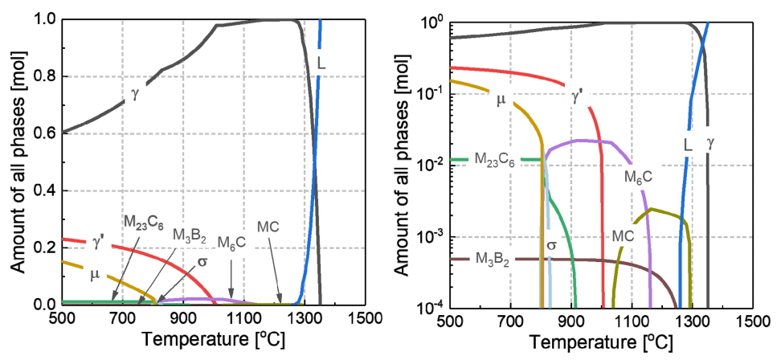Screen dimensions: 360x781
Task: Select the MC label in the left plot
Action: pos(269,227)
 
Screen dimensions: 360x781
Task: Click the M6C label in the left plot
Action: pos(231,244)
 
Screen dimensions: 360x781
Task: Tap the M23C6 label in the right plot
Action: pos(477,160)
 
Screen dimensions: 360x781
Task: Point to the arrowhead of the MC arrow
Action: pos(281,303)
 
